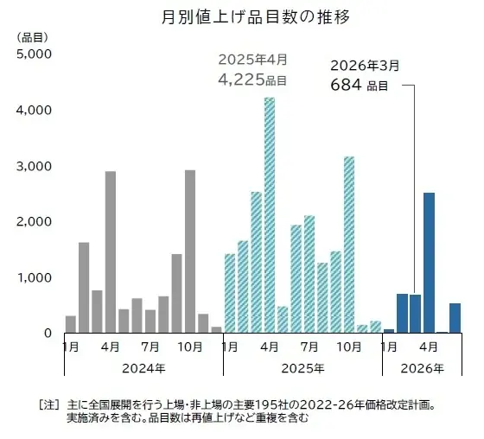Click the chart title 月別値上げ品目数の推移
242,17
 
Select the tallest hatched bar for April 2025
270,216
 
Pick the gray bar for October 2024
190,251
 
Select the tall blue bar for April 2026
429,263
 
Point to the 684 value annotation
347,85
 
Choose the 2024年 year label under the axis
143,369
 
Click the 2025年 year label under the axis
302,369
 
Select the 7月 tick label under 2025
309,347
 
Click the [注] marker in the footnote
48,404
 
